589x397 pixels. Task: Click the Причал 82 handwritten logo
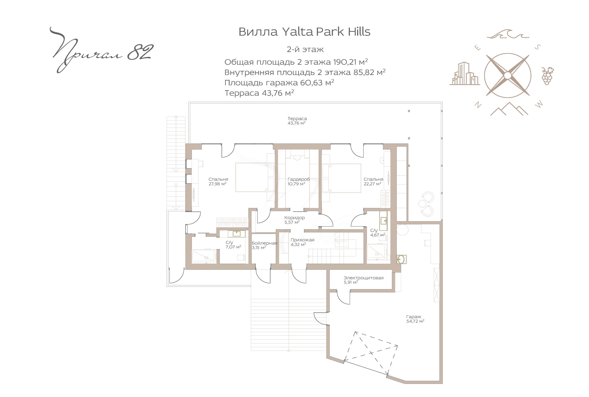101,51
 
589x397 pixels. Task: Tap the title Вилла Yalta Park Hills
304,32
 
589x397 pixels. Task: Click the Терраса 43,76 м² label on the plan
297,121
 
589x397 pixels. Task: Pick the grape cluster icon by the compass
547,76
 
